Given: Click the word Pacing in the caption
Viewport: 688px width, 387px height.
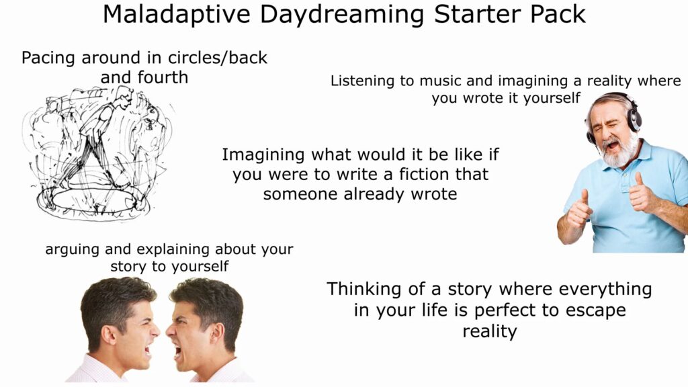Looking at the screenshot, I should click(x=49, y=58).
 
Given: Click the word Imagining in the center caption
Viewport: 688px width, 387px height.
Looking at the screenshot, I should click(x=263, y=155).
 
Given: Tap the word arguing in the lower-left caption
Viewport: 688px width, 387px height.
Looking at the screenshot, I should click(x=71, y=250).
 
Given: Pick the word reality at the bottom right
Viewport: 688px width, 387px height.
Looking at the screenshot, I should click(x=489, y=331).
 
